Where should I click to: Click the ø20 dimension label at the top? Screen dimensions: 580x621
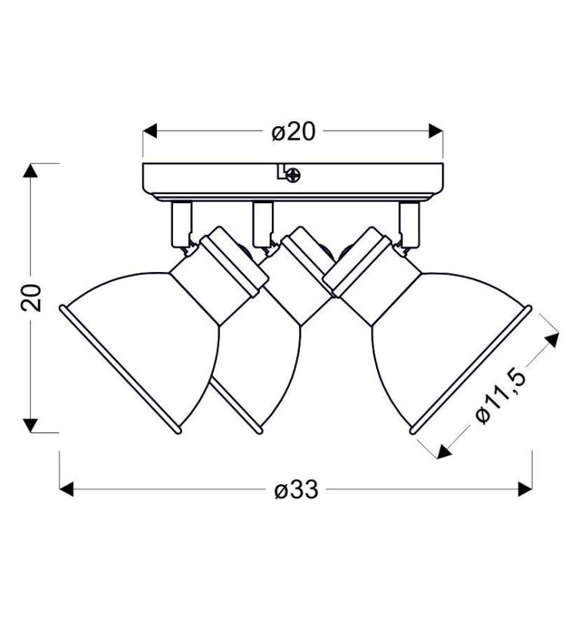click(x=293, y=131)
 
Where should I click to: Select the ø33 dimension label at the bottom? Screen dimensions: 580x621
click(x=296, y=490)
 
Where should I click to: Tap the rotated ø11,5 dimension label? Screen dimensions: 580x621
click(x=501, y=397)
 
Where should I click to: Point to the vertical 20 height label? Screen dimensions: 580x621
click(x=31, y=298)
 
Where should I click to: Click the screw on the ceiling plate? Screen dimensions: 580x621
click(x=293, y=175)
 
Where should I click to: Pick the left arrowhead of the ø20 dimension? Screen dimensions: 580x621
click(x=150, y=131)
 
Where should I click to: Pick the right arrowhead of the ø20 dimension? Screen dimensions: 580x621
click(x=436, y=131)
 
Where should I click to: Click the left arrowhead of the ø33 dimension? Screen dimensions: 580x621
click(x=66, y=489)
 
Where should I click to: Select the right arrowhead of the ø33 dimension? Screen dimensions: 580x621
click(x=525, y=489)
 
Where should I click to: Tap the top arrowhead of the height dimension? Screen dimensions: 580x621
click(x=30, y=170)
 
